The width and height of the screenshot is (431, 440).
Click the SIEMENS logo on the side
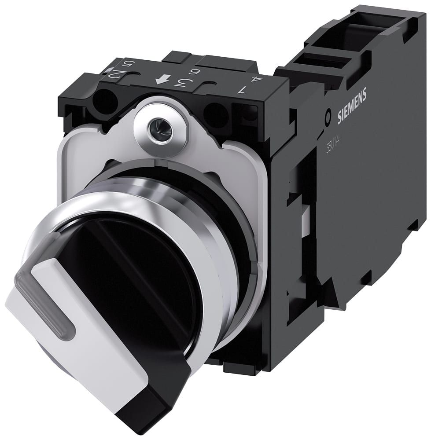352,106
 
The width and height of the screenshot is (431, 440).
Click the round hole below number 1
216,116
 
